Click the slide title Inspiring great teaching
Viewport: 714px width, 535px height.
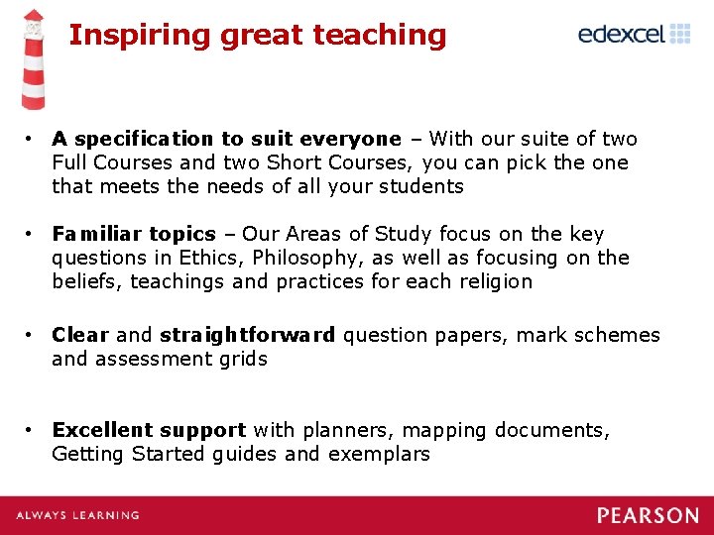click(x=257, y=36)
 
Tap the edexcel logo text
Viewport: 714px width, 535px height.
click(x=621, y=35)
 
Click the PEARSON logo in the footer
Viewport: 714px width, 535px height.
click(x=648, y=515)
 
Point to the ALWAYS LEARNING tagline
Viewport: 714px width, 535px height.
click(x=77, y=515)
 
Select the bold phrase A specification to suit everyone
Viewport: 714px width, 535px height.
click(x=226, y=139)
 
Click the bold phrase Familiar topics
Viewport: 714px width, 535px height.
click(x=134, y=234)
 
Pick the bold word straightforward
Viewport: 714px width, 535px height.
click(x=248, y=335)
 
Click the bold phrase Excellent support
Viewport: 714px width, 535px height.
click(x=149, y=430)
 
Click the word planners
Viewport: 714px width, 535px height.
click(x=333, y=430)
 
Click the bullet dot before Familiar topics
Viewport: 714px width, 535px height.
click(x=33, y=234)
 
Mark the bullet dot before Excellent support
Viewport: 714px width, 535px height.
click(x=33, y=430)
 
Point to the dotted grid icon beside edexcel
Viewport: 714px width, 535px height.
click(x=680, y=35)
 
